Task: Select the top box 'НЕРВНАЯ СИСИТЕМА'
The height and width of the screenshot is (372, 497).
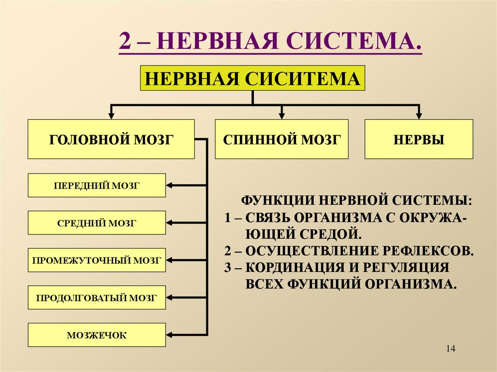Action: click(x=252, y=78)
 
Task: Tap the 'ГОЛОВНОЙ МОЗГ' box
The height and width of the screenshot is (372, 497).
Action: click(x=111, y=139)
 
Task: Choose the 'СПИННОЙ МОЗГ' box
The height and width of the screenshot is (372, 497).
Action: click(x=282, y=139)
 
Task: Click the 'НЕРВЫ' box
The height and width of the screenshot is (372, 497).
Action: click(x=418, y=139)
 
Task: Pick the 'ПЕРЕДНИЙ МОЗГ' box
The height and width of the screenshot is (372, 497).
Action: click(x=97, y=185)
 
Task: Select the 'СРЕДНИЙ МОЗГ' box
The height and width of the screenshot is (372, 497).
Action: click(x=97, y=223)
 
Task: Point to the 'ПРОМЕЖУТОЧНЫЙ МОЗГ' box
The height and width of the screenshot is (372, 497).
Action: click(x=97, y=260)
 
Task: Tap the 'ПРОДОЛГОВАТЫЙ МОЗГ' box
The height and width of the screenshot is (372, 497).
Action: click(x=97, y=298)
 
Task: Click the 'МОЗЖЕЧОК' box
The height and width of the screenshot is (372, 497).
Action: click(x=97, y=335)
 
